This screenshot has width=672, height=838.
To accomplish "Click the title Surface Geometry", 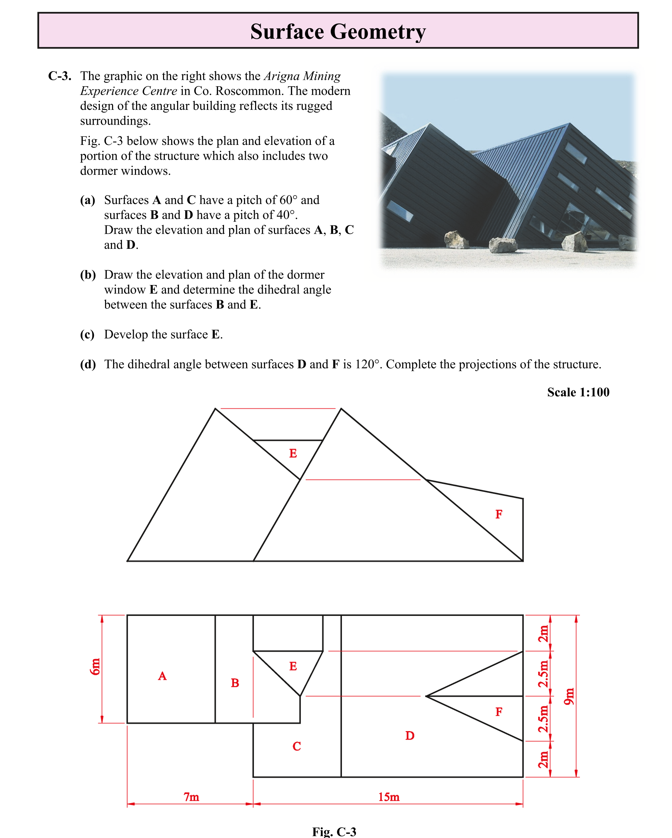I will tap(338, 31).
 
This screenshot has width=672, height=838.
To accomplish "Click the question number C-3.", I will tap(60, 76).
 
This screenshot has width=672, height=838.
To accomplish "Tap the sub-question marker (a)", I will tap(88, 200).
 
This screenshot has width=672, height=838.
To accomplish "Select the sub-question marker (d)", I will tap(88, 364).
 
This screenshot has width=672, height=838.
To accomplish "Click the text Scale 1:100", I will tap(578, 392).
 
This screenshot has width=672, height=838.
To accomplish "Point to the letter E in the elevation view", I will tap(293, 453).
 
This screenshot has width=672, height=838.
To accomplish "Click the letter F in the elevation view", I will tap(499, 514).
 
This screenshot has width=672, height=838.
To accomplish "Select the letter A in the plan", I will tap(162, 676).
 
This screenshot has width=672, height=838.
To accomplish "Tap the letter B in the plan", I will tap(235, 683).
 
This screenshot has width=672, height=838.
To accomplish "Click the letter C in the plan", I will tap(296, 746).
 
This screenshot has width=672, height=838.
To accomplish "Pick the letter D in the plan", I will tap(410, 735).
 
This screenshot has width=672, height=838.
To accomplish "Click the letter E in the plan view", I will tap(293, 666).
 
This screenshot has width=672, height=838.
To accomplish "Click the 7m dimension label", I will tap(191, 797).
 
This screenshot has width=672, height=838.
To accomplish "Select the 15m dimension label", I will tap(388, 797).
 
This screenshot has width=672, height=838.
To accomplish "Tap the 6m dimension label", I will tap(95, 667).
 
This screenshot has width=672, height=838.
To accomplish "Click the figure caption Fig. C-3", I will tap(334, 831).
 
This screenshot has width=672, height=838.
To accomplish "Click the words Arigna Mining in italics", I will tap(302, 76).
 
